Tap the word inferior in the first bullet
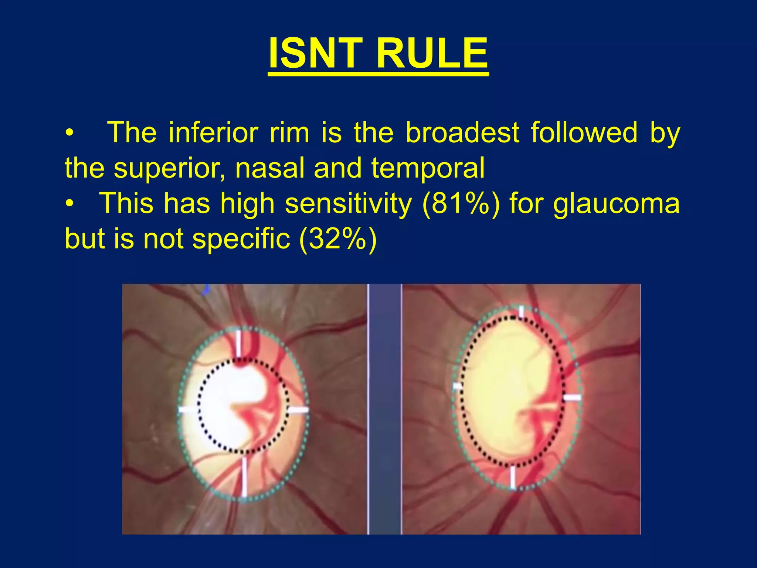pos(213,133)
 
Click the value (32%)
pos(338,239)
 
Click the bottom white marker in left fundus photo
pos(244,477)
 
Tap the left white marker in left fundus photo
pos(188,409)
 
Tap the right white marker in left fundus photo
pos(298,410)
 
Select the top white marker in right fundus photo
pos(521,311)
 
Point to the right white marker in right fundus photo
pos(572,398)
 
